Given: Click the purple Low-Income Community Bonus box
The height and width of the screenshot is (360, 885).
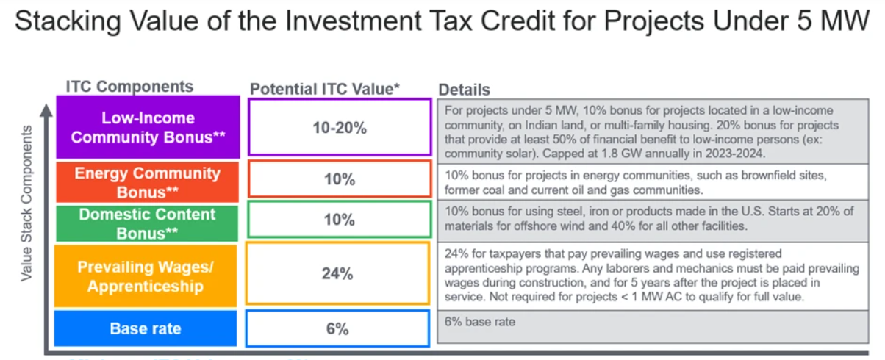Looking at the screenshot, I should [148, 127].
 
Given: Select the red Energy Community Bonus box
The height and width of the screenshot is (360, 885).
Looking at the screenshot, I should [148, 182].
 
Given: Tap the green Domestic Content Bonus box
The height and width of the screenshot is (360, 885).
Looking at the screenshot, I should [148, 224].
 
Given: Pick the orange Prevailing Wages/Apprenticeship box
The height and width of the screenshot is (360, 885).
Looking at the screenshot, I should [146, 276].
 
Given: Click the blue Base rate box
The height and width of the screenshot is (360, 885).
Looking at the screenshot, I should [146, 328].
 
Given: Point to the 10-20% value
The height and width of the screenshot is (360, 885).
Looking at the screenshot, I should [339, 127].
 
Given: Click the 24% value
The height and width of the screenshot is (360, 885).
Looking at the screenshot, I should [337, 274].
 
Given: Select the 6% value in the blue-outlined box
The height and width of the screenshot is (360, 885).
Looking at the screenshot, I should [337, 329].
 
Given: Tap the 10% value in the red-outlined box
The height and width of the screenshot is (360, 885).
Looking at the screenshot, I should [339, 179].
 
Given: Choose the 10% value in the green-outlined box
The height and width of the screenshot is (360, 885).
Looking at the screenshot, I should [339, 220].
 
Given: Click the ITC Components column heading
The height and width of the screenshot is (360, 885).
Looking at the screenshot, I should [129, 87].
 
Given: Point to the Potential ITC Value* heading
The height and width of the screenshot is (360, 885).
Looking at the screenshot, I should [325, 89].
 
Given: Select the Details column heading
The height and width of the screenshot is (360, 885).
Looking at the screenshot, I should [465, 90].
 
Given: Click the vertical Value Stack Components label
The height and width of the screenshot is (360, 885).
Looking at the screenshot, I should [27, 203].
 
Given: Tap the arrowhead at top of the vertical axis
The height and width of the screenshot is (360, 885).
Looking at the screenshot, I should [46, 110].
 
